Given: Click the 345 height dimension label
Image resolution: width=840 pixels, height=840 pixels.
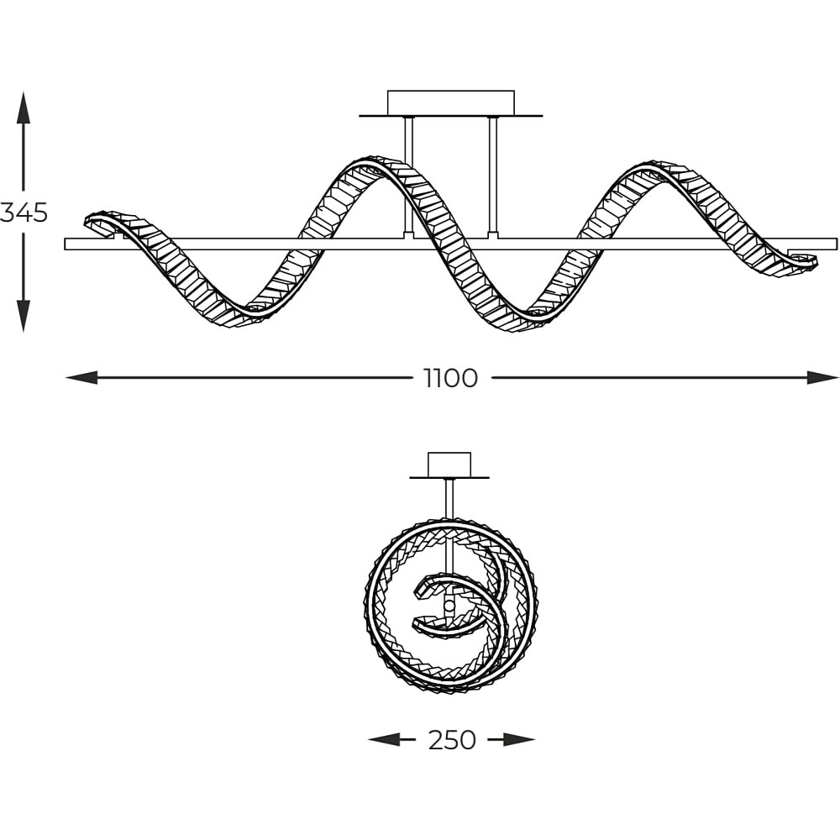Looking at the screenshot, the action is [24, 213].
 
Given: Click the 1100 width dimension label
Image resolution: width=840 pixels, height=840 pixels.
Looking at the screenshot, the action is [450, 379].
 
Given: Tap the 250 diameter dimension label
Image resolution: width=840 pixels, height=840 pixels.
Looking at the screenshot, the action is [452, 740].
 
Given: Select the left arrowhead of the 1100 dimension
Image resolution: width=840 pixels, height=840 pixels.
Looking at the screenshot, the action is [81, 377].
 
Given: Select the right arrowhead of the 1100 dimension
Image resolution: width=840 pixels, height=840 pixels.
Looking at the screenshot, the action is [823, 377].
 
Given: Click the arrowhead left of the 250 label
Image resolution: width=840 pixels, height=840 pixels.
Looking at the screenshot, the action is [384, 740].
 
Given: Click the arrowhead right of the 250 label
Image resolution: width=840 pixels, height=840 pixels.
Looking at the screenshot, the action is [519, 740].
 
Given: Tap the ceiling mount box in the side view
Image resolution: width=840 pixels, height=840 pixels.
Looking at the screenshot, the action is [450, 102].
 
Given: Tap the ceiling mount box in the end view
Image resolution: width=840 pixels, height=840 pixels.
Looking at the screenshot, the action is [449, 465].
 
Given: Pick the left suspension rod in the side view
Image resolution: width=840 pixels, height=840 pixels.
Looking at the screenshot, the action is [409, 176].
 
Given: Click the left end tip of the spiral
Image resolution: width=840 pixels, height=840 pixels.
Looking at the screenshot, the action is [86, 221].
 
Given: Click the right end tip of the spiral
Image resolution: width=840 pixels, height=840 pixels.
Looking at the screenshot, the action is [817, 261].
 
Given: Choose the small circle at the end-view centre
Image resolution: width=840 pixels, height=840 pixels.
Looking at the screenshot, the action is [449, 606].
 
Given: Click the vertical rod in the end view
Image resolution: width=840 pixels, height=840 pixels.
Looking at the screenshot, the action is [449, 498].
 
